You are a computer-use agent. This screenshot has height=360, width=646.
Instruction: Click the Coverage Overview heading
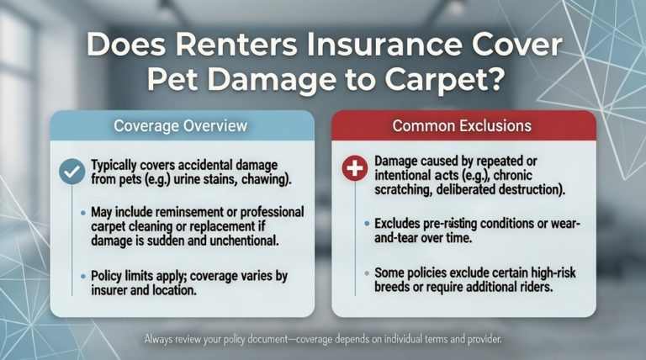(180, 126)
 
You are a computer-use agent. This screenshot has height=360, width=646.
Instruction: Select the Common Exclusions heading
(462, 126)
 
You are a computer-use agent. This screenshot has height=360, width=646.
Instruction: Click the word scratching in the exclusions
(402, 191)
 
